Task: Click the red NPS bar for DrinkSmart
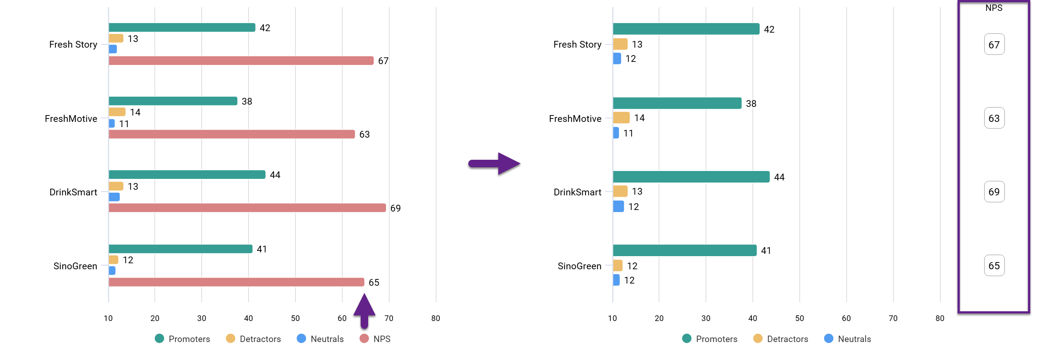(x=247, y=208)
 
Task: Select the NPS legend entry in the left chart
(x=375, y=339)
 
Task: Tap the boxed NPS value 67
(x=994, y=45)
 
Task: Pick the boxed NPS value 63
(x=994, y=118)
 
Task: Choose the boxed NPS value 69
(x=994, y=192)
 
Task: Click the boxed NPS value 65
(x=994, y=266)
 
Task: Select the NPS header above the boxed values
(x=994, y=8)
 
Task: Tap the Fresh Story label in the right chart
(x=577, y=44)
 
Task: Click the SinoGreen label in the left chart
(x=75, y=266)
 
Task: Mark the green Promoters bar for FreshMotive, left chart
(x=173, y=101)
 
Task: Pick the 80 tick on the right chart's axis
(x=940, y=318)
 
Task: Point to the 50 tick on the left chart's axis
(x=295, y=318)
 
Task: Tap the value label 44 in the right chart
(x=779, y=177)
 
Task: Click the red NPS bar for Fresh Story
(x=241, y=61)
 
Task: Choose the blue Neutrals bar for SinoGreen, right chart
(x=616, y=280)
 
